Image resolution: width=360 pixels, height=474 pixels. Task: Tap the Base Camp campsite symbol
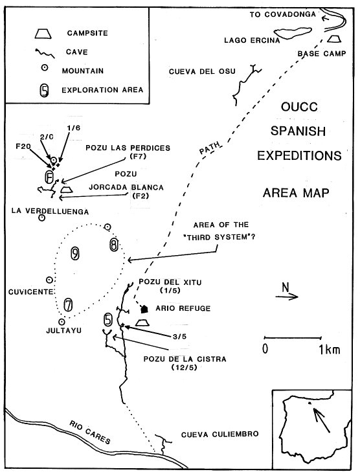tap(335, 39)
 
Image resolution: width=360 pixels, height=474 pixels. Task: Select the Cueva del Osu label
tap(202, 71)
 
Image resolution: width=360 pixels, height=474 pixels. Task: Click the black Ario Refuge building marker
tap(144, 309)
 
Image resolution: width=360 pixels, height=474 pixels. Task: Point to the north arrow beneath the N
tap(287, 297)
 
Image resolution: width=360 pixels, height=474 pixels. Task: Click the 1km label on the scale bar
tap(329, 350)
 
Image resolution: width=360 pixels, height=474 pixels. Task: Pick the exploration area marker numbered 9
tap(75, 253)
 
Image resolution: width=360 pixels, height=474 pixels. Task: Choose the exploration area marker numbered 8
tap(114, 245)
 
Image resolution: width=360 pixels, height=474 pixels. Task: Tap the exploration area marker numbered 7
tap(69, 305)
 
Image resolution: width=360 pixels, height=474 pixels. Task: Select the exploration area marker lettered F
tap(49, 177)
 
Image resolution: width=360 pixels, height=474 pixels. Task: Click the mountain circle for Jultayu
tap(62, 322)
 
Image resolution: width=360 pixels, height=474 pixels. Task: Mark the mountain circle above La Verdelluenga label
tap(41, 218)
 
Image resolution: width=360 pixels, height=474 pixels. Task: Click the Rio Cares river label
tap(90, 433)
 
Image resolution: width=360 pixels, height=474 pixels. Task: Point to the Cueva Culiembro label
tap(219, 435)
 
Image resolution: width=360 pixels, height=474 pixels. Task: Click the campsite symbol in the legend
tap(43, 34)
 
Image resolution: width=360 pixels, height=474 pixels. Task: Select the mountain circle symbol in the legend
tap(45, 68)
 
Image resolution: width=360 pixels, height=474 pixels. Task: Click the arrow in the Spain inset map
tap(321, 420)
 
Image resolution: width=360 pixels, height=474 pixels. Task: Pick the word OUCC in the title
tap(299, 107)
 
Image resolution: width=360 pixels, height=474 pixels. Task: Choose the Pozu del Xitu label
tap(170, 282)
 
